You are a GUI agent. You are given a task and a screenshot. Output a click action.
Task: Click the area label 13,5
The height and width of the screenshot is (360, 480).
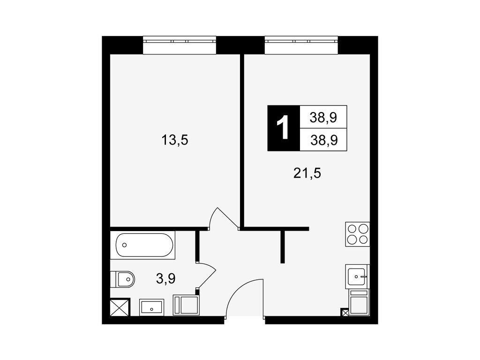[x=174, y=141]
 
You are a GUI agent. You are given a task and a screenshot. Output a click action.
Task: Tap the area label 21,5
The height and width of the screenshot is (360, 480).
[x=307, y=173]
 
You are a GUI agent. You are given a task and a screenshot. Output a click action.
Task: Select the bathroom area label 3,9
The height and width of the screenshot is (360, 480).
[x=165, y=278]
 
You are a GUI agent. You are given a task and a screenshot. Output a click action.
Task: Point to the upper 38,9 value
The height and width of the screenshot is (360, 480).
[x=323, y=117]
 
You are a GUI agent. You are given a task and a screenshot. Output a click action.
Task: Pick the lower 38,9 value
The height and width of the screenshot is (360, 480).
[x=324, y=140]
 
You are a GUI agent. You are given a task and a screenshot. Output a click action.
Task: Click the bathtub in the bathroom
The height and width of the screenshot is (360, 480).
[x=144, y=245]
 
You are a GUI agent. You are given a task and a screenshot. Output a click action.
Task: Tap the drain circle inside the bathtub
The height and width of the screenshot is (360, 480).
[x=124, y=245]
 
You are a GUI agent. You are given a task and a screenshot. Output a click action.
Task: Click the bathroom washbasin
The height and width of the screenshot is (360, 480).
[x=151, y=307]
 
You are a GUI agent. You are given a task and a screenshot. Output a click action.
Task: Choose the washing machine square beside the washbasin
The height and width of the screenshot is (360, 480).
[x=186, y=305]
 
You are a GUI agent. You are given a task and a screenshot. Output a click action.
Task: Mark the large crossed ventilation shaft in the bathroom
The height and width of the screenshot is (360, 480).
[x=120, y=307]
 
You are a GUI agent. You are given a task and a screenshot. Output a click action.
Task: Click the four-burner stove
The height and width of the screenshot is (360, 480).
[x=358, y=234]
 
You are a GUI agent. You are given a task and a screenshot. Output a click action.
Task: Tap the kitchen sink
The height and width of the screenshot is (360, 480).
[x=357, y=277]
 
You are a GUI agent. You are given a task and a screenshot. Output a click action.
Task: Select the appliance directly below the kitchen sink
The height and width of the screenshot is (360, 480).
[x=359, y=302]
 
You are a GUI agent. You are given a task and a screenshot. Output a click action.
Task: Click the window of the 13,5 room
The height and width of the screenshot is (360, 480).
[x=180, y=45]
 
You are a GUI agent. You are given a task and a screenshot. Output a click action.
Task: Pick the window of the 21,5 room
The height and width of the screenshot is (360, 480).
[x=301, y=45]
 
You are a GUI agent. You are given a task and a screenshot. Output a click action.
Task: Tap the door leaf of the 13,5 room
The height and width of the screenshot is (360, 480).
[x=228, y=217]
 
